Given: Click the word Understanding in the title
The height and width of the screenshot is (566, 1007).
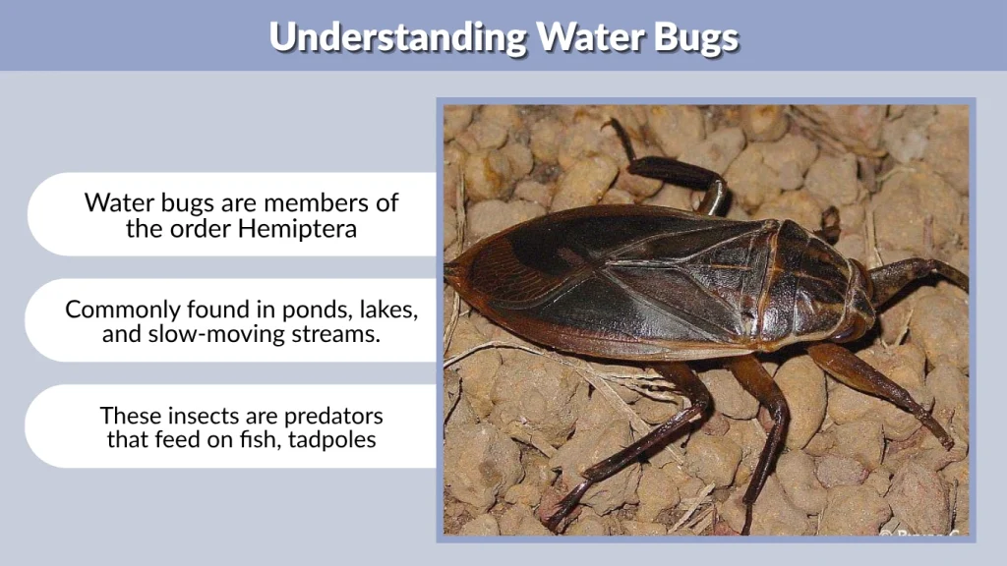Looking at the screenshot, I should [397, 36].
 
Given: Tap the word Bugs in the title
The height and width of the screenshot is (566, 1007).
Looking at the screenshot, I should [687, 36].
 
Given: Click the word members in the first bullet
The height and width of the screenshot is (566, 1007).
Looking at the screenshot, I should [315, 202].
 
